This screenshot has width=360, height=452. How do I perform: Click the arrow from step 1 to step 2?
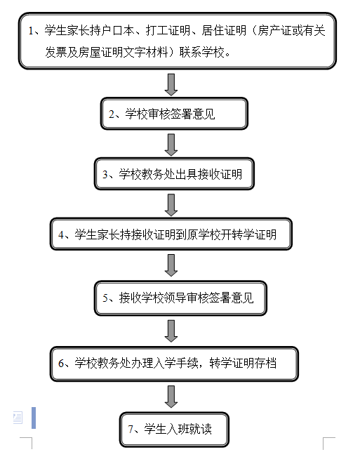click(x=171, y=84)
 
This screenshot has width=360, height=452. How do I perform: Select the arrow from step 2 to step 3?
click(x=171, y=145)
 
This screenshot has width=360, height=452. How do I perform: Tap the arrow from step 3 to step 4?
click(x=171, y=205)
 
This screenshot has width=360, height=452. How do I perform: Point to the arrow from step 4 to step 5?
click(x=171, y=265)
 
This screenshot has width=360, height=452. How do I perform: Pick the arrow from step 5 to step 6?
click(x=171, y=331)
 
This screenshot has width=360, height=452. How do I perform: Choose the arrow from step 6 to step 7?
click(x=171, y=397)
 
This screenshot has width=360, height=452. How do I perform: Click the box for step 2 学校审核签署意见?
click(x=174, y=114)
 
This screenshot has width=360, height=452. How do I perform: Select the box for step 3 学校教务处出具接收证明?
click(x=174, y=174)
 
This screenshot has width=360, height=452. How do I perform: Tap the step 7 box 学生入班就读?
click(x=174, y=430)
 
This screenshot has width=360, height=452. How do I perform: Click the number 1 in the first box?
click(x=31, y=31)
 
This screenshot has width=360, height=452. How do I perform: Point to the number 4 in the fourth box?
click(x=61, y=234)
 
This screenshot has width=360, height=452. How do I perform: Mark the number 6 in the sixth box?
click(x=61, y=364)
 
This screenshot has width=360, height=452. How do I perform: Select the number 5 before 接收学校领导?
click(x=105, y=298)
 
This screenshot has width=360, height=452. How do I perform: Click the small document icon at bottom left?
click(x=18, y=418)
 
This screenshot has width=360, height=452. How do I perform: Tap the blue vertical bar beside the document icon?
click(x=34, y=418)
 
